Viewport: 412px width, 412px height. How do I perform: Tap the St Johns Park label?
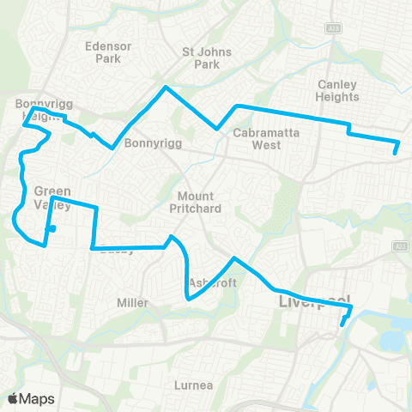click(202, 57)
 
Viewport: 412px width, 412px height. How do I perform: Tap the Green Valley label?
click(52, 197)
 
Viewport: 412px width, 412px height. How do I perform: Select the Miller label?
click(132, 303)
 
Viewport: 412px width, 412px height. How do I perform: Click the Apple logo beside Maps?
click(13, 398)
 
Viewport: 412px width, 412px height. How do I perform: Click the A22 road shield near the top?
click(330, 29)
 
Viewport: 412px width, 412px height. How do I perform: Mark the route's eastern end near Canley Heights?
click(395, 153)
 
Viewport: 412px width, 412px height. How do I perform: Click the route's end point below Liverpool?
click(342, 325)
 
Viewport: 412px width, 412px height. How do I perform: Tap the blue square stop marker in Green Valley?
click(52, 229)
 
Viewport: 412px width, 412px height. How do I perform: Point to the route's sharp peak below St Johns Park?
click(166, 88)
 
